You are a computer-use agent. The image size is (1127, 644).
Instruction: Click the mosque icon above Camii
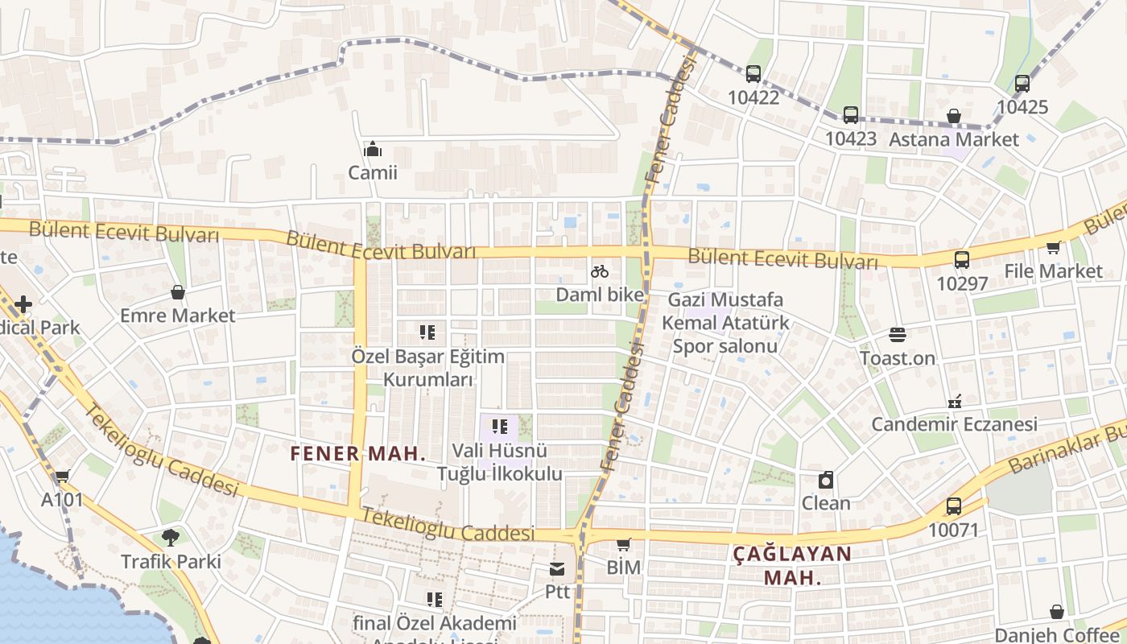click(372, 150)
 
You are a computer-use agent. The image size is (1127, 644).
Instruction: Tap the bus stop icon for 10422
click(753, 74)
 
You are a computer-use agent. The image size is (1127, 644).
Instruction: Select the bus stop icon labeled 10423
click(850, 115)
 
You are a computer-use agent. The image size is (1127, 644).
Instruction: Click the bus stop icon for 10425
click(1022, 84)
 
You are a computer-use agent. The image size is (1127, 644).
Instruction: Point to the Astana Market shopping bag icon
click(953, 117)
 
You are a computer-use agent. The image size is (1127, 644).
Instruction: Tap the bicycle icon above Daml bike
click(600, 271)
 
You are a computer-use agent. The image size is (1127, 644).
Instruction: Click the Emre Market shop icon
click(177, 292)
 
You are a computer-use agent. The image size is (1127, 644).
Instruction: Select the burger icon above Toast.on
click(897, 334)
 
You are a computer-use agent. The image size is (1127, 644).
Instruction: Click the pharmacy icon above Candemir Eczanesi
click(954, 401)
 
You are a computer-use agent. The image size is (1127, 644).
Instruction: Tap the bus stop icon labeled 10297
click(961, 260)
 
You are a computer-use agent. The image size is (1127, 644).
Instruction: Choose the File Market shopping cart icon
click(1052, 248)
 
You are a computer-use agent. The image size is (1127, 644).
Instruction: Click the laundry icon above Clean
click(825, 481)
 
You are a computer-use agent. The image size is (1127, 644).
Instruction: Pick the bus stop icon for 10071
click(953, 506)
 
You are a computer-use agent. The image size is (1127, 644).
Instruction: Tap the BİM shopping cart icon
click(623, 545)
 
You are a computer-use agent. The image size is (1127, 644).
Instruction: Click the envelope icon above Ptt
click(556, 569)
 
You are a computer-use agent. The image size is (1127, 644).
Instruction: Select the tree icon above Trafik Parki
click(170, 537)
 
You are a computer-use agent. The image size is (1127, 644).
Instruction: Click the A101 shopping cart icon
click(62, 477)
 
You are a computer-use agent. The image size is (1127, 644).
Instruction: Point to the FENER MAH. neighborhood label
click(357, 453)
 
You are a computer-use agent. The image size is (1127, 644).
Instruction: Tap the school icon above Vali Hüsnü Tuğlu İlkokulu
click(499, 427)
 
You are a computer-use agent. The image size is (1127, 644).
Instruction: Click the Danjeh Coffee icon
click(1056, 613)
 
